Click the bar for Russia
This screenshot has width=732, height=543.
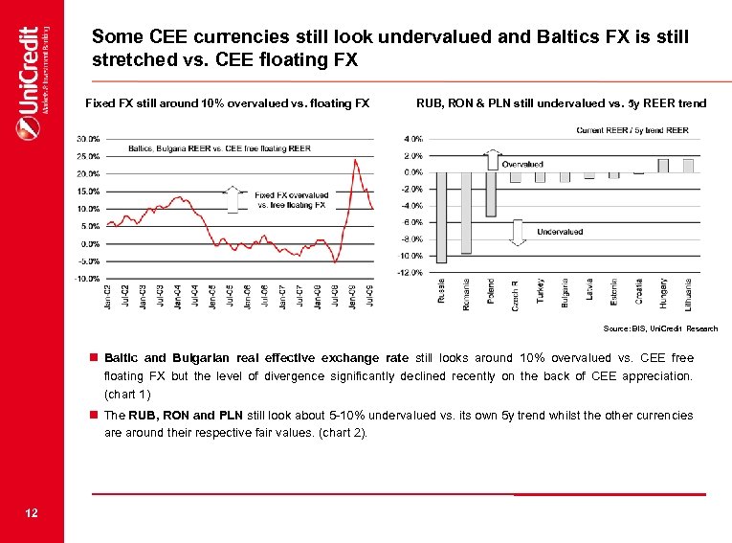(441, 216)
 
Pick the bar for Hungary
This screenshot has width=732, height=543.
(664, 166)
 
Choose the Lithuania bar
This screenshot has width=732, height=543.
(688, 166)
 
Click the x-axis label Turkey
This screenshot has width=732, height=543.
(541, 291)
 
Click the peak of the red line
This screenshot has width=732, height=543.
(355, 160)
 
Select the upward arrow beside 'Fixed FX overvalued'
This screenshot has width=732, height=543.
(231, 199)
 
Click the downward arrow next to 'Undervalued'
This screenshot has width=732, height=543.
(516, 233)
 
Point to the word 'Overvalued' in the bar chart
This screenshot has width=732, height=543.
(523, 165)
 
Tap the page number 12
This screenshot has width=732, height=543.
(32, 514)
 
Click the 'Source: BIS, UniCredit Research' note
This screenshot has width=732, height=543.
(660, 328)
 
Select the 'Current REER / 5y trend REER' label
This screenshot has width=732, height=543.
(632, 130)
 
